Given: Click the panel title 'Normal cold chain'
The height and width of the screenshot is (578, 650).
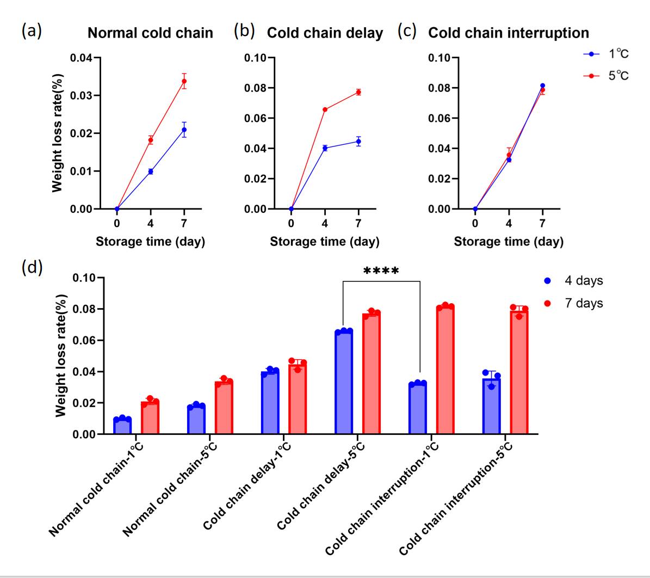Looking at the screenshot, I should [150, 33].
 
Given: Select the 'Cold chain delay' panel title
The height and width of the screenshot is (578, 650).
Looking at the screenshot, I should [325, 33].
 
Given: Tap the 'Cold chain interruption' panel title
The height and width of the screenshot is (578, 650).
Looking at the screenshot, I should [509, 33].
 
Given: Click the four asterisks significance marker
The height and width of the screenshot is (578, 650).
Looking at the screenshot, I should [381, 271].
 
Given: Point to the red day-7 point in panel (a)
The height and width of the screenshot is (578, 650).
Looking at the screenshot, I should [184, 81].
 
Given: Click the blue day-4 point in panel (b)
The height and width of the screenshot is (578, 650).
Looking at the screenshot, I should [325, 148].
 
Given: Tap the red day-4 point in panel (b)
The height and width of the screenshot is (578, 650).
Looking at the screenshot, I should [325, 109].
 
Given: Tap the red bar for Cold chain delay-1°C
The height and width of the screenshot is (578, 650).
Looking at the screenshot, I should [298, 399].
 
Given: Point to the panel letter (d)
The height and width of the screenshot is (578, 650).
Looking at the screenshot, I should [32, 268].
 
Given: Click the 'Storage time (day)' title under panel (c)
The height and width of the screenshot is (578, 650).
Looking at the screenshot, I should [509, 242].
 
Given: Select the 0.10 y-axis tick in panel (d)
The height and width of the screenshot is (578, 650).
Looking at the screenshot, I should [84, 278].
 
